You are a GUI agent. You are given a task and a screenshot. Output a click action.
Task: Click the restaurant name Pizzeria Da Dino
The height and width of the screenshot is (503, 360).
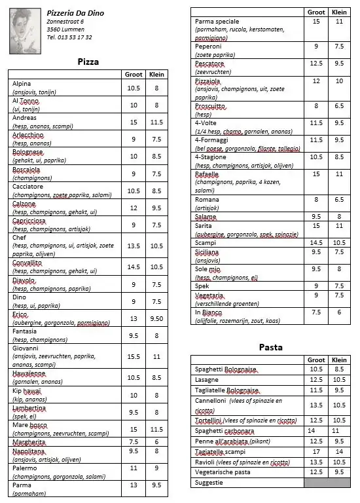(75, 13)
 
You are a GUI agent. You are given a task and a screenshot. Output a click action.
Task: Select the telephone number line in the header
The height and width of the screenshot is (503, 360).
(69, 37)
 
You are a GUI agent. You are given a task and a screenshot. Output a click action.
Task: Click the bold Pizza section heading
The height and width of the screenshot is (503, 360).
(88, 62)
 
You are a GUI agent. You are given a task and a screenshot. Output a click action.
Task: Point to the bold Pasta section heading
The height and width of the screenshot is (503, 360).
(270, 347)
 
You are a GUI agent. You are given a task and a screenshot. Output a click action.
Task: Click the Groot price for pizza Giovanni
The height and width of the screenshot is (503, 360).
(134, 356)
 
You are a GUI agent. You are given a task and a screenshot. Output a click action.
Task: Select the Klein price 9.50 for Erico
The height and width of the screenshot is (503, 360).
(157, 318)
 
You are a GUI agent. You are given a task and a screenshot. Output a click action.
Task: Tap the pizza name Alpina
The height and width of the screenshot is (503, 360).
(22, 84)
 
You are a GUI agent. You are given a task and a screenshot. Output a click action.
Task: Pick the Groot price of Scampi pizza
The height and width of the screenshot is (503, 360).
(316, 242)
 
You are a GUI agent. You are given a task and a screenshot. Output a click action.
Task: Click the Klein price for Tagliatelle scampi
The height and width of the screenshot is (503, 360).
(339, 451)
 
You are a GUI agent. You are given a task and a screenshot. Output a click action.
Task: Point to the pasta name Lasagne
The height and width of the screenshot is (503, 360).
(207, 379)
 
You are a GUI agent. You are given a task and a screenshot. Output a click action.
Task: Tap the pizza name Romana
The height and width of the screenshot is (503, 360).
(207, 200)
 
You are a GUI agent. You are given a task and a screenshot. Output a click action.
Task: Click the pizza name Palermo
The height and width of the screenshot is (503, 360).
(25, 468)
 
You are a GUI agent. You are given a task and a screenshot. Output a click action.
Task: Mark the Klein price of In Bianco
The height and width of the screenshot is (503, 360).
(339, 312)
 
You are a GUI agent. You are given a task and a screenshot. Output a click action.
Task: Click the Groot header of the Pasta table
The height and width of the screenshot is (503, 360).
(316, 360)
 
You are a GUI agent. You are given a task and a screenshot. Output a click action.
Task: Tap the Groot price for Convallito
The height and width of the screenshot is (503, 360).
(134, 267)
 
